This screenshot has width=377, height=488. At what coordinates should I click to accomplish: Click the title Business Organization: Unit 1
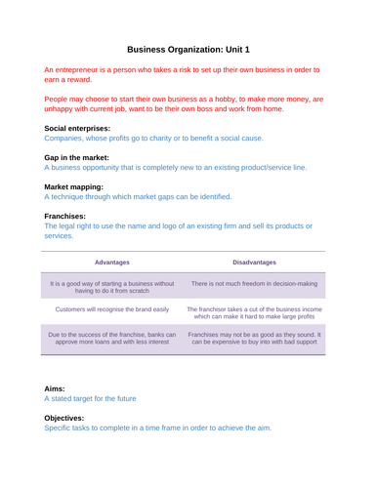[188, 49]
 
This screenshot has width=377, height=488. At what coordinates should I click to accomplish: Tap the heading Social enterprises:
[77, 128]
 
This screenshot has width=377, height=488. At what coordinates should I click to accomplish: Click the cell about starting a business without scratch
[112, 287]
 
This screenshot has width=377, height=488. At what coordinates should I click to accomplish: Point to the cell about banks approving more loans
[112, 339]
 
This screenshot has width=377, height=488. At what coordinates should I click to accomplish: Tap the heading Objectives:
[69, 417]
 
